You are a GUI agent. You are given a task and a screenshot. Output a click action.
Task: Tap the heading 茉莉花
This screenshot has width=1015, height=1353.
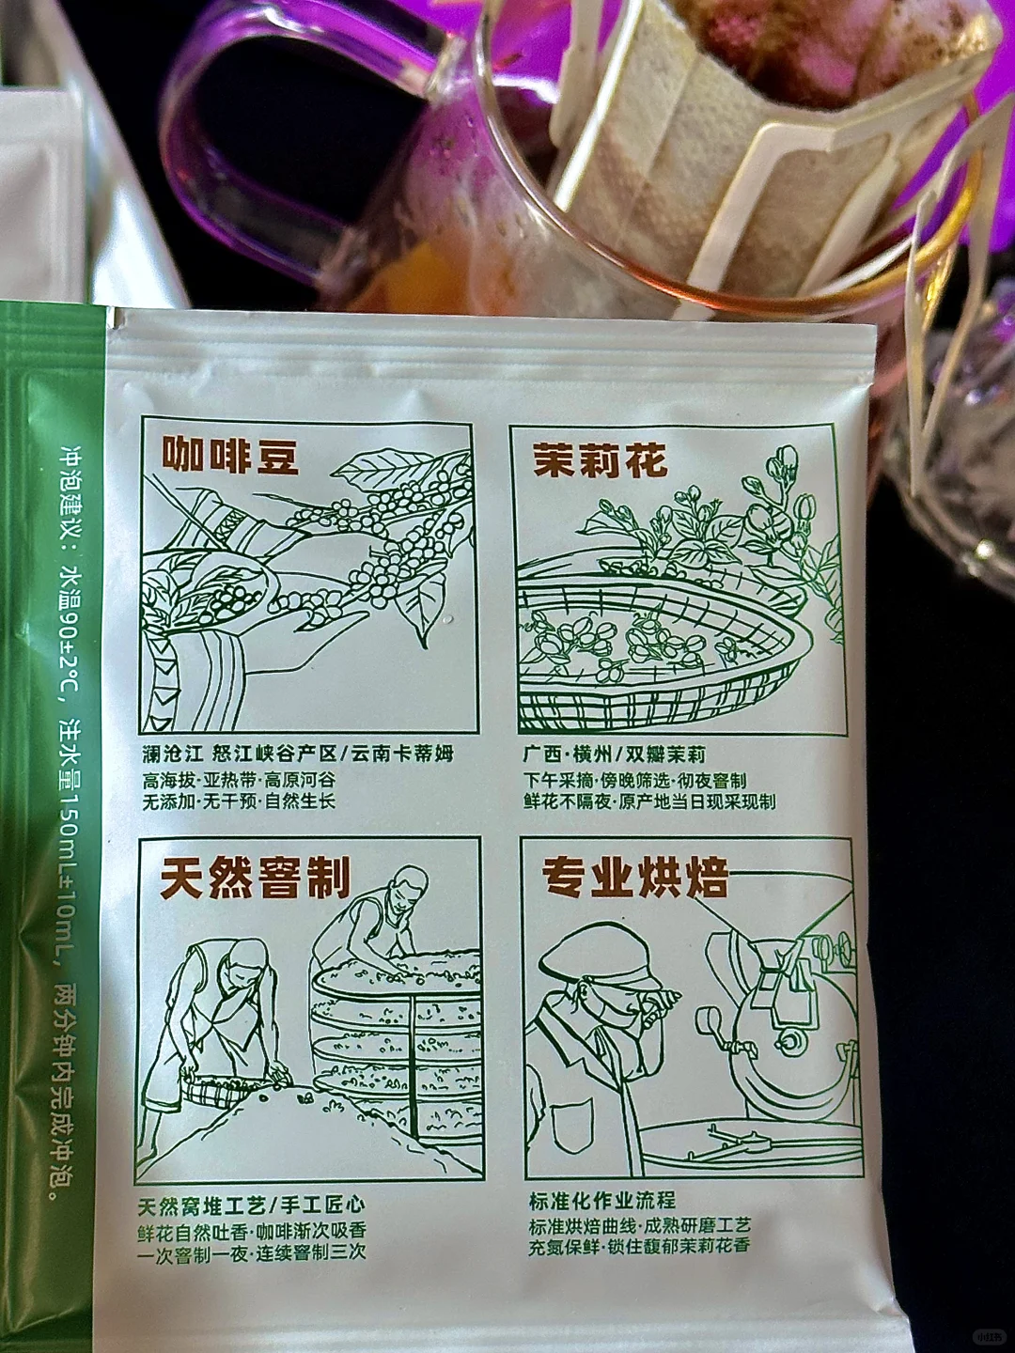point(601,461)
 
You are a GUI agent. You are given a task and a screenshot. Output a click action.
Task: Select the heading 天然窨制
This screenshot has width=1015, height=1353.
point(256,879)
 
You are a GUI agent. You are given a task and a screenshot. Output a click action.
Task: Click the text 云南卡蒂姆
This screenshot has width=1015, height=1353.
point(402,754)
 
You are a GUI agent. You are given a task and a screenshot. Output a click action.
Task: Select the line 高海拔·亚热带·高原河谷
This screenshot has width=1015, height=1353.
point(239,781)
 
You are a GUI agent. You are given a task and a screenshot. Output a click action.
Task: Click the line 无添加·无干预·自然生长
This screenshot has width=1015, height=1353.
point(239,802)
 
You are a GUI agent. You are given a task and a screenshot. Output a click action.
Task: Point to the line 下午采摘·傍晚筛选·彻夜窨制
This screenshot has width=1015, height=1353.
point(634,781)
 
